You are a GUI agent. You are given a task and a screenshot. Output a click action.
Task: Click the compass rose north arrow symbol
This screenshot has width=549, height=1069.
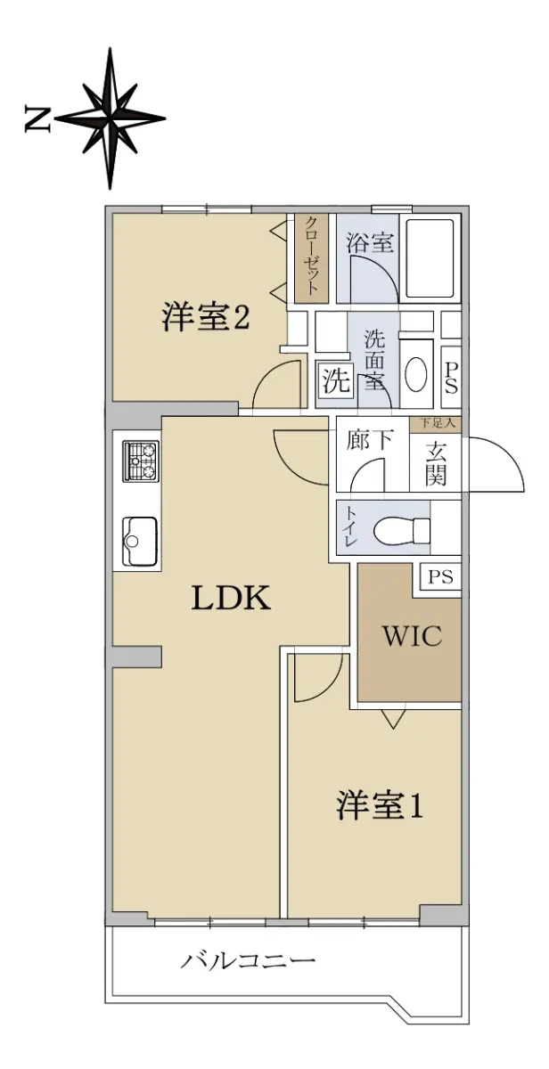click(111, 118)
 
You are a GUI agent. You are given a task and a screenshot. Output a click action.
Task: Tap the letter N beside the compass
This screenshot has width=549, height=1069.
click(37, 118)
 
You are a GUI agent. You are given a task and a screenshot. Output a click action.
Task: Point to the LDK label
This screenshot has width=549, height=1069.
click(231, 598)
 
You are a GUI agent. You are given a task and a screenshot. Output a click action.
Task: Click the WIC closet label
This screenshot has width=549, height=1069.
click(412, 636)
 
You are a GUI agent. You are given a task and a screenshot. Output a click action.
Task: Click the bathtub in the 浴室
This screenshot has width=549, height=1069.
click(430, 258)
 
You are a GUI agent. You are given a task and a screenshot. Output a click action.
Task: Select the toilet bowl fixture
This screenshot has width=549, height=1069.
click(402, 529)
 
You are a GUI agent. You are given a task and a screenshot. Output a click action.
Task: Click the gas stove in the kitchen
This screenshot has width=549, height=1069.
click(141, 461)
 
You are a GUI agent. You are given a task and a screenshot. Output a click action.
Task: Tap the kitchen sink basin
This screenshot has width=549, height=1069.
click(140, 541)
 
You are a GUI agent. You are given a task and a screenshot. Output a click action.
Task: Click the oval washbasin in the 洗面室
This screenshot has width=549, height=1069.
click(416, 375)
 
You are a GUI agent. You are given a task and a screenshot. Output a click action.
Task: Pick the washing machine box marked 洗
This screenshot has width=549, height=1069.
click(335, 380)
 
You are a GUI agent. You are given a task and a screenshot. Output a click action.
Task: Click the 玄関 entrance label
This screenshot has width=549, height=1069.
click(436, 463)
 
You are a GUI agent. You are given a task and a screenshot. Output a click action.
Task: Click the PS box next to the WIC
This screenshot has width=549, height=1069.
click(439, 577)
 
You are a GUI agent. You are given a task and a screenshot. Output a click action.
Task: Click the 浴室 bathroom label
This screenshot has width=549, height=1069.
click(370, 242)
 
